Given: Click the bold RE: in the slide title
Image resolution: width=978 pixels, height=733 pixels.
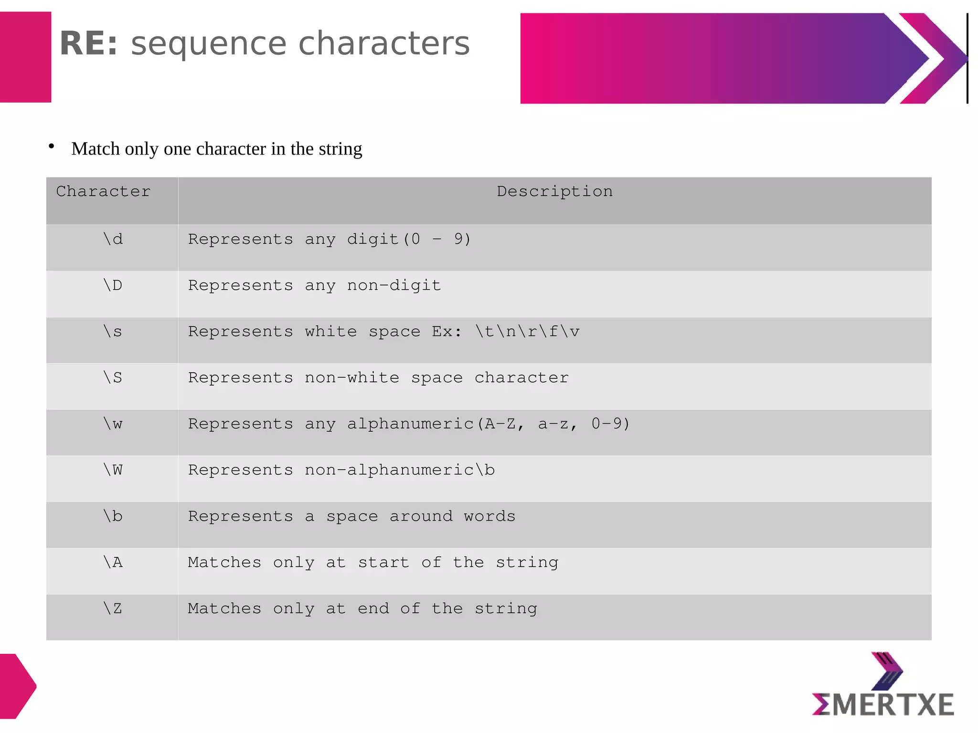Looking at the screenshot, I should coord(89,43).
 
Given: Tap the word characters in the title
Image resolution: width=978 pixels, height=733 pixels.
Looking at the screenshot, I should coord(384,43).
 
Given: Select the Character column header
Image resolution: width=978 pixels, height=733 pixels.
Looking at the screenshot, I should coord(103,191).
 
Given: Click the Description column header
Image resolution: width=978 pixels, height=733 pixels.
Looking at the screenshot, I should coord(554,191).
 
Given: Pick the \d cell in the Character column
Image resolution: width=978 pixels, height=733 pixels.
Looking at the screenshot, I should coord(113,239).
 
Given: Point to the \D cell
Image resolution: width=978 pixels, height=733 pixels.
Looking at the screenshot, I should coord(113,285).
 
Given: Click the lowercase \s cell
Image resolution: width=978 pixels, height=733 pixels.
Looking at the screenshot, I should coord(113,331).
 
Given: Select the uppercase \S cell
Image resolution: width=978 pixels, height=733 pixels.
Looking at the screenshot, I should coord(113,377).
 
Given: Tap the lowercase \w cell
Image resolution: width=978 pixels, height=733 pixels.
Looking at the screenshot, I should coord(113,424).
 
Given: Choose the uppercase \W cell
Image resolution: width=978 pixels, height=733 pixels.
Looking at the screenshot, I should coord(113,470).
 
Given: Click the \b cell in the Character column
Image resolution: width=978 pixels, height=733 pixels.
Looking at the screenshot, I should coord(113,516).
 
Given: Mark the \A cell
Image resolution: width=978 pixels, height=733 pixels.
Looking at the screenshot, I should coord(113,562).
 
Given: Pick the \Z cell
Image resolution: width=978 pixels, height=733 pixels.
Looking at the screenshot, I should coord(113,608).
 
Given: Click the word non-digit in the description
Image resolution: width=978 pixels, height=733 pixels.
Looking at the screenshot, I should coord(394,285).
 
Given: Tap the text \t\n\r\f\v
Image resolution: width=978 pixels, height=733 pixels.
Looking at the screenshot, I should coord(527,331).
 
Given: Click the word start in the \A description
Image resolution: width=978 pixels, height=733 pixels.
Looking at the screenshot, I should coord(383,562).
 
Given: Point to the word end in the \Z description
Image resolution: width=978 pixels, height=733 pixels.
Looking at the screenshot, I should coord(373,608).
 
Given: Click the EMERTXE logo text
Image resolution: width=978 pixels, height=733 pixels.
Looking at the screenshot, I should coord(883,705).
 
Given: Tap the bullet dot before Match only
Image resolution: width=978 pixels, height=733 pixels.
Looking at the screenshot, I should coord(52,147).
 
